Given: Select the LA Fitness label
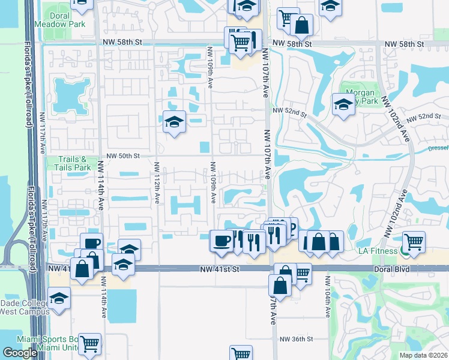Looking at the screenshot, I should [x=377, y=250].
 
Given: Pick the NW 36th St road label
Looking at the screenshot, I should [x=296, y=339].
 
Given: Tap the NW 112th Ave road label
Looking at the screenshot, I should [x=157, y=181].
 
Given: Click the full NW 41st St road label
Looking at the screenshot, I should [x=221, y=270].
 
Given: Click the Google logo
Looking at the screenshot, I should [x=20, y=353].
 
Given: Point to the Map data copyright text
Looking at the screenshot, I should [x=424, y=355].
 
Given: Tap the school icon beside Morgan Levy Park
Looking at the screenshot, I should [x=343, y=104].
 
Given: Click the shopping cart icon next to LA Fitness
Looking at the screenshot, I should [x=414, y=241].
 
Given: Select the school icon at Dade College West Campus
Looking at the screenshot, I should [x=59, y=297].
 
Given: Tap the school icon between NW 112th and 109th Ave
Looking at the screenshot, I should [x=174, y=122].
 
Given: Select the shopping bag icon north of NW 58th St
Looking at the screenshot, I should [x=301, y=25].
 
